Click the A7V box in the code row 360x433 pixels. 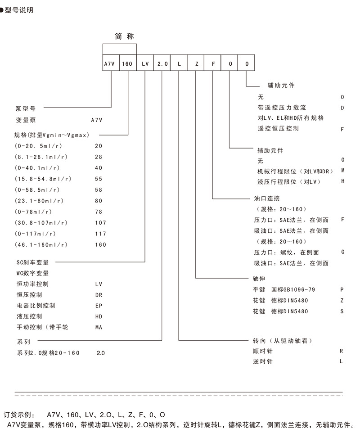click(x=111, y=64)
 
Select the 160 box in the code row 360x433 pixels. click(x=128, y=64)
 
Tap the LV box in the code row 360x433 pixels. click(x=145, y=64)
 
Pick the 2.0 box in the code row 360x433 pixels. click(x=162, y=64)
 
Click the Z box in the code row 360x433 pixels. click(x=196, y=64)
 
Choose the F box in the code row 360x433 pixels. click(x=213, y=64)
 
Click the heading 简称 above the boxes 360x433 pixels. click(x=121, y=36)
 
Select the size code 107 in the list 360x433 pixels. click(x=101, y=223)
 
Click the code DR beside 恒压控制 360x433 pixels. click(x=99, y=295)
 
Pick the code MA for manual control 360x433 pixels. click(x=99, y=327)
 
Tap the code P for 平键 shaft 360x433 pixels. click(x=342, y=289)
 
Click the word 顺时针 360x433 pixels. click(x=263, y=351)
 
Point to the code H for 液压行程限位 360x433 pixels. click(x=342, y=181)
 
